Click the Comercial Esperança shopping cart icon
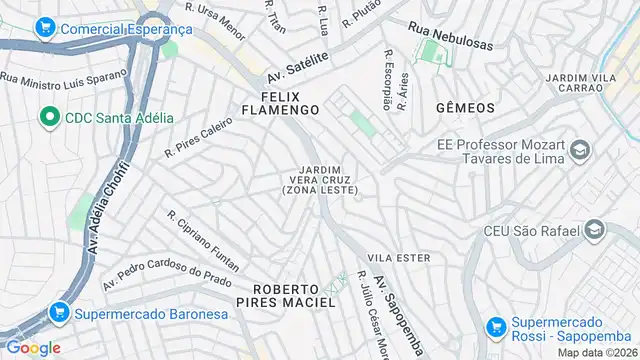point(45,29)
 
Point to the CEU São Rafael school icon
point(595,231)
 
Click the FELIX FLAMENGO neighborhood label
point(289,102)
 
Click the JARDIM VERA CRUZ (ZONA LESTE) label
point(320,179)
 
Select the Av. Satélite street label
point(298,68)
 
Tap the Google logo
point(33,347)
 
